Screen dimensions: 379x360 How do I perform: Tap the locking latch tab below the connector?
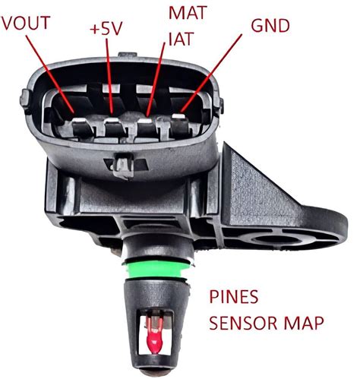pos(124,162)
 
